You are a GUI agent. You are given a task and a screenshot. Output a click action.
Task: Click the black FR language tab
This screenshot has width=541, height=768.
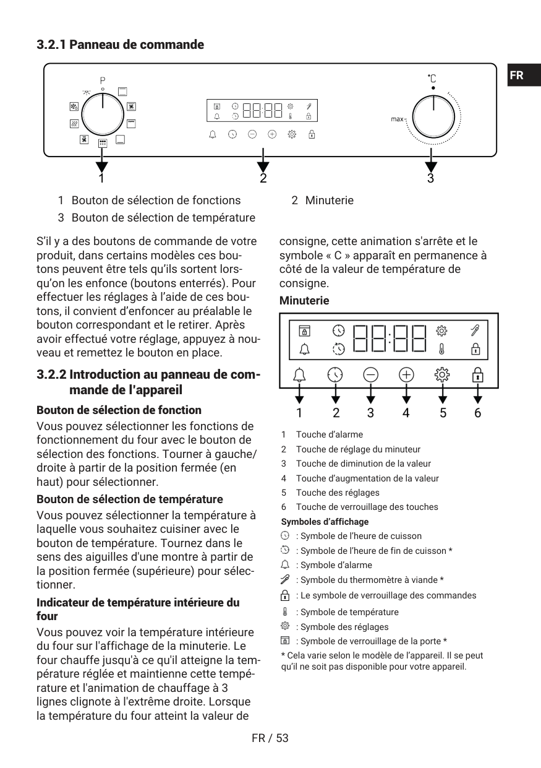[524, 75]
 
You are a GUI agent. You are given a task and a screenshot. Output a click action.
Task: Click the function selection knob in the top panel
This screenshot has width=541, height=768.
[103, 114]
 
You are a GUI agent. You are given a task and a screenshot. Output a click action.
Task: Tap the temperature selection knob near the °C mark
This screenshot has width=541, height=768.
[433, 117]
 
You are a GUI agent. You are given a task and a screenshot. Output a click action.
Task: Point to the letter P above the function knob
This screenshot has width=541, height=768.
[103, 81]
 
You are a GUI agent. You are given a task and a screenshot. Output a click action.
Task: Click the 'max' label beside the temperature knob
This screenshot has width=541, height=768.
[397, 119]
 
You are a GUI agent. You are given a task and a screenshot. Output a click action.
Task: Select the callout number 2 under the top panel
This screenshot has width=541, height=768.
[263, 178]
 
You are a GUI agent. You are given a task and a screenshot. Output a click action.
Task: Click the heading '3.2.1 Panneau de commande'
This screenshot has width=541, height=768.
[121, 45]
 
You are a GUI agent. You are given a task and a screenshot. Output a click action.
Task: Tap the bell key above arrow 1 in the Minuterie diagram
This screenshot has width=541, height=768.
[299, 375]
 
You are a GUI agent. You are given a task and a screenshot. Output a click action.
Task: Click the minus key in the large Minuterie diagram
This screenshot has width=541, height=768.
[370, 375]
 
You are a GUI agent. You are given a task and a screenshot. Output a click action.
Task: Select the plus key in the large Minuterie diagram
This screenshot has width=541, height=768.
[406, 375]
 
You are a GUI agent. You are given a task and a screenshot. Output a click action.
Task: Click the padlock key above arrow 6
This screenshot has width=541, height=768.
[477, 375]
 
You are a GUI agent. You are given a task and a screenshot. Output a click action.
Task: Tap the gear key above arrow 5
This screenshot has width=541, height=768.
[442, 375]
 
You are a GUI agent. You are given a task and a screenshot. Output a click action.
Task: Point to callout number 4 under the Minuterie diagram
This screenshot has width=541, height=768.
[406, 413]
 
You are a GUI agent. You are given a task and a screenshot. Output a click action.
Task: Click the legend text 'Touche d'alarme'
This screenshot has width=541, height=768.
[330, 434]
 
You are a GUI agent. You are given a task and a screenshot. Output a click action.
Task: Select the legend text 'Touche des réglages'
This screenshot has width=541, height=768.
[338, 493]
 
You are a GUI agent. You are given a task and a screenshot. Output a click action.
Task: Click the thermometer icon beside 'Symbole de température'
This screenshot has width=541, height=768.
[284, 611]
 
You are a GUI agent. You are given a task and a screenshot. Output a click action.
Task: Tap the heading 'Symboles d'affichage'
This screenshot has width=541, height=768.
[325, 522]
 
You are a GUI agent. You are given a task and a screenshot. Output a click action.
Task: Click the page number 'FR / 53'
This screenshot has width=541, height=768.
[270, 738]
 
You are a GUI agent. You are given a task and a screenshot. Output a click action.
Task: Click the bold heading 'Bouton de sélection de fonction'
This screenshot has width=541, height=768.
[119, 410]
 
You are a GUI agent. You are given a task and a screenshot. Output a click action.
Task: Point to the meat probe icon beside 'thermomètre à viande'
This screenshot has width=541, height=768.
[284, 579]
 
